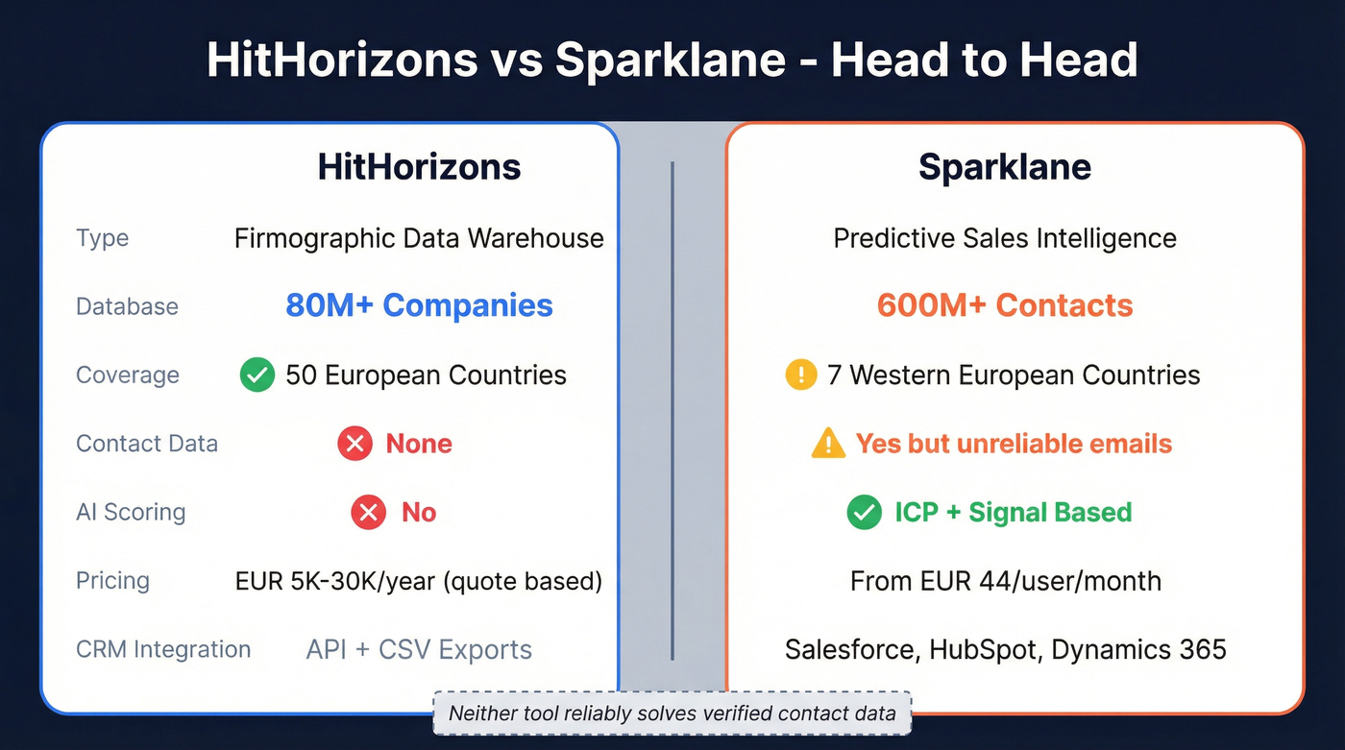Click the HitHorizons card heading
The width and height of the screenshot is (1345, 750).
click(419, 167)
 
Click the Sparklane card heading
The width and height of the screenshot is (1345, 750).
click(1005, 167)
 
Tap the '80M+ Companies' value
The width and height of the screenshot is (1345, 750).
click(419, 305)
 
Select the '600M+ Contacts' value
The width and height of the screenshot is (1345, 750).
click(1005, 305)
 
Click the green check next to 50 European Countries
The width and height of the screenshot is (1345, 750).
click(257, 375)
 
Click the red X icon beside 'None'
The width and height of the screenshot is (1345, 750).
click(355, 444)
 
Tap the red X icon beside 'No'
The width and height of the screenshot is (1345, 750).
click(368, 512)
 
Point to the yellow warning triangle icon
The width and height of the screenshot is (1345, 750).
click(827, 444)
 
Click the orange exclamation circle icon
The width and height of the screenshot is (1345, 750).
click(801, 375)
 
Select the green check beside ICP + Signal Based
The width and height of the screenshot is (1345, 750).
click(865, 512)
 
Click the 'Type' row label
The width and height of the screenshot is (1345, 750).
click(102, 238)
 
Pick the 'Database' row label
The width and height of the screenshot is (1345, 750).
click(127, 306)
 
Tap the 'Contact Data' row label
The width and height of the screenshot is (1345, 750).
click(147, 444)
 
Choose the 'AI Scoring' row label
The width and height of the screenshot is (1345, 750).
click(131, 512)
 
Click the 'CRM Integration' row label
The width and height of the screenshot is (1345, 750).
click(163, 649)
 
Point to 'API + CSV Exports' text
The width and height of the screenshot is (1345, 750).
click(419, 649)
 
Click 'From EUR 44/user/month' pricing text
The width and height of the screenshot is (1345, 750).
click(1005, 581)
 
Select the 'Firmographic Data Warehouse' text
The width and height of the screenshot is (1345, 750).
click(419, 238)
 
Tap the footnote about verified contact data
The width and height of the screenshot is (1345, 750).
click(672, 714)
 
